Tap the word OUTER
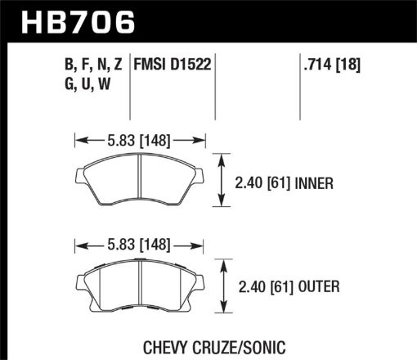[x=315, y=287]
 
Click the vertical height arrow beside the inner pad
[x=220, y=182]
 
